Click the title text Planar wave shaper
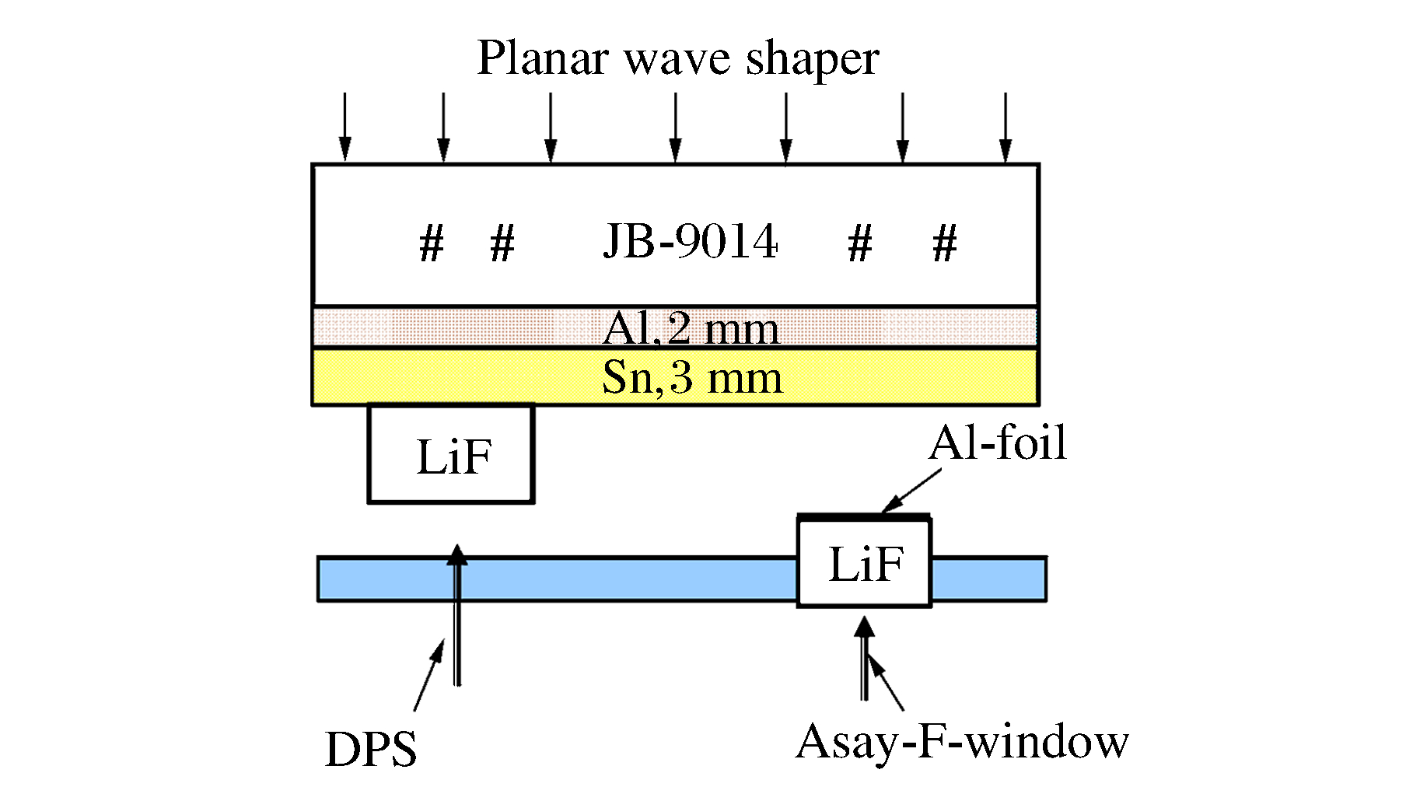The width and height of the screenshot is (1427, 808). coord(677,59)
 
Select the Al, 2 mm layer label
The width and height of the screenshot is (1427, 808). coord(691,328)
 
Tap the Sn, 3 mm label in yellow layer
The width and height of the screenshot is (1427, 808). coord(692,378)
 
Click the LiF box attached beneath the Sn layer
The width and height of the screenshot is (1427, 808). coord(451,454)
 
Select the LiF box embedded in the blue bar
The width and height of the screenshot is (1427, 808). coord(865,564)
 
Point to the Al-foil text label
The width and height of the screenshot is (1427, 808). coord(998,443)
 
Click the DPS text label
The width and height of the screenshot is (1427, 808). coord(371,750)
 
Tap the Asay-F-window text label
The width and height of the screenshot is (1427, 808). coord(962,742)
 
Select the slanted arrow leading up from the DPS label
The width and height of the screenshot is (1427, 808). coord(429,674)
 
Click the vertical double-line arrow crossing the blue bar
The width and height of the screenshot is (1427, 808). coord(457,614)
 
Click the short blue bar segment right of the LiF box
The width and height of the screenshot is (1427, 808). coord(988,579)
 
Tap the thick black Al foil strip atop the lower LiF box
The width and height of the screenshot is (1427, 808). coord(864,516)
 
